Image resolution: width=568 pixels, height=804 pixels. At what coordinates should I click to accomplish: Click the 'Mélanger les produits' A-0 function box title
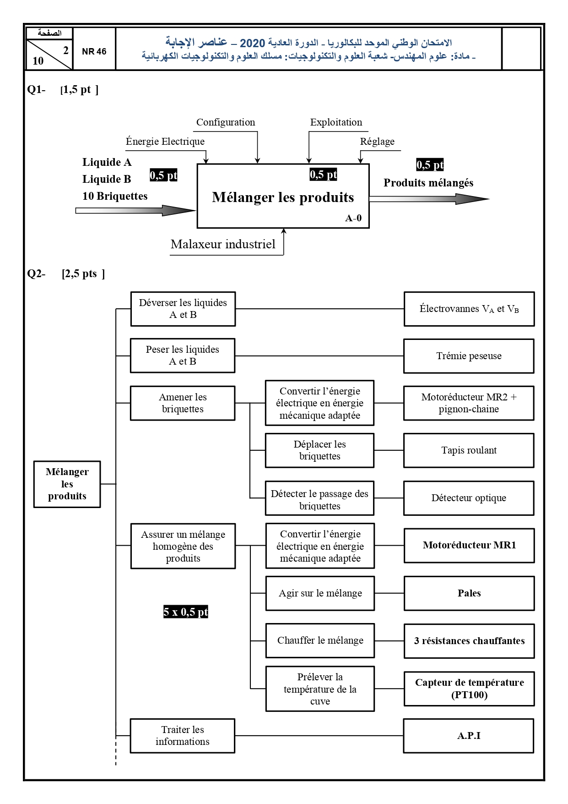283,197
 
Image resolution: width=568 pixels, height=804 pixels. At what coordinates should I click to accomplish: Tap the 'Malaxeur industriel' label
223,244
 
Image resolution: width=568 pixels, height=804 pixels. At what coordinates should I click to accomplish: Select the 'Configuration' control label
226,122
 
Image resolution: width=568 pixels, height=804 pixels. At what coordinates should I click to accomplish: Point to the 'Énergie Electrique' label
165,142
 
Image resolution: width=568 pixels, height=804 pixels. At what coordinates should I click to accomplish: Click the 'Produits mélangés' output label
428,183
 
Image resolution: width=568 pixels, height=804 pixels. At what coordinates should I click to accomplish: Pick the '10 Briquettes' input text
115,196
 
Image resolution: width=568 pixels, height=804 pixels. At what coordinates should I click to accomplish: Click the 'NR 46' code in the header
94,52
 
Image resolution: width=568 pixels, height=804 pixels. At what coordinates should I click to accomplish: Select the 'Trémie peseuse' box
469,356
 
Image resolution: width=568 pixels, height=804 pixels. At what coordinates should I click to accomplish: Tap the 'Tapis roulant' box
469,450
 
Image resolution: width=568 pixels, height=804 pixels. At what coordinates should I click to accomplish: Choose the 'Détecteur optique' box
469,498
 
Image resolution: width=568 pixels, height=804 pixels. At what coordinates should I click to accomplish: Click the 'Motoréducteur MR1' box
469,546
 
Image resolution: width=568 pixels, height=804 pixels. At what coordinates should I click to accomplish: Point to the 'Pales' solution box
469,593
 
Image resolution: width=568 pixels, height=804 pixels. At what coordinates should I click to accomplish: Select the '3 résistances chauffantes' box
469,641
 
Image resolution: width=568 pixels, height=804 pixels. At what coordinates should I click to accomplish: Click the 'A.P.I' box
469,736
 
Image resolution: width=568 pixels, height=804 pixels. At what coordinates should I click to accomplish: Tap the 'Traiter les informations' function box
183,736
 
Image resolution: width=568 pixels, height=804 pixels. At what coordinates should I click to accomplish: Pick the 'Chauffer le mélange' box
320,640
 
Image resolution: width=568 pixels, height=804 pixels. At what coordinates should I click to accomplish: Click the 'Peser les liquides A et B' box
183,356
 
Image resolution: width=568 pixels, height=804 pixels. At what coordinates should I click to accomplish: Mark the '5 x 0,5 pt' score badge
186,612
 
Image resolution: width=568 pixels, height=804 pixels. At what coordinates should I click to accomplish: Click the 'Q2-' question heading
36,274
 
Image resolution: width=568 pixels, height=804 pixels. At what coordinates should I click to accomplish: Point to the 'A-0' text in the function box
353,219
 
